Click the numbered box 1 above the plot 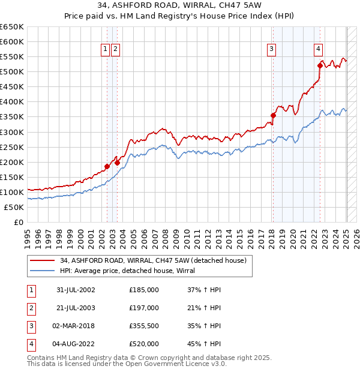(106, 49)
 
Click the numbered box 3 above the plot (272, 49)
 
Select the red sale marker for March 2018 (273, 115)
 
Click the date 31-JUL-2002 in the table (76, 290)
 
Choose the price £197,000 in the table (144, 308)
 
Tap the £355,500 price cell (144, 326)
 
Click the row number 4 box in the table (30, 344)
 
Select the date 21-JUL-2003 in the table (76, 308)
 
